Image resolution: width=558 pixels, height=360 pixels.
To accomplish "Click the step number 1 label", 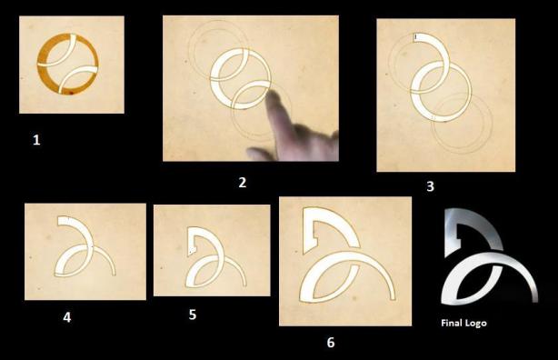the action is [36, 140].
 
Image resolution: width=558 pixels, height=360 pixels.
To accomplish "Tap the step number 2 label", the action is [243, 183].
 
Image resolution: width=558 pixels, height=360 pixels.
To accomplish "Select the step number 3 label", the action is [430, 186].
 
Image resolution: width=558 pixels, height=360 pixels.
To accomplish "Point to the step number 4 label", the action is [67, 317].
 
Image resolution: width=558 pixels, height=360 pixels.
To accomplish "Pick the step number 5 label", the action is [193, 315].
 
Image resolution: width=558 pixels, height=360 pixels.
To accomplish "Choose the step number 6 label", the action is [331, 342].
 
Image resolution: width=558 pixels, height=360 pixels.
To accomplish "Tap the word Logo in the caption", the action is [475, 324].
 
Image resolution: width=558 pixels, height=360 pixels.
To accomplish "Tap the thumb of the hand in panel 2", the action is [257, 153].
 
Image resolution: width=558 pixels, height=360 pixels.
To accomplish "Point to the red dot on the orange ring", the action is [71, 93].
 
